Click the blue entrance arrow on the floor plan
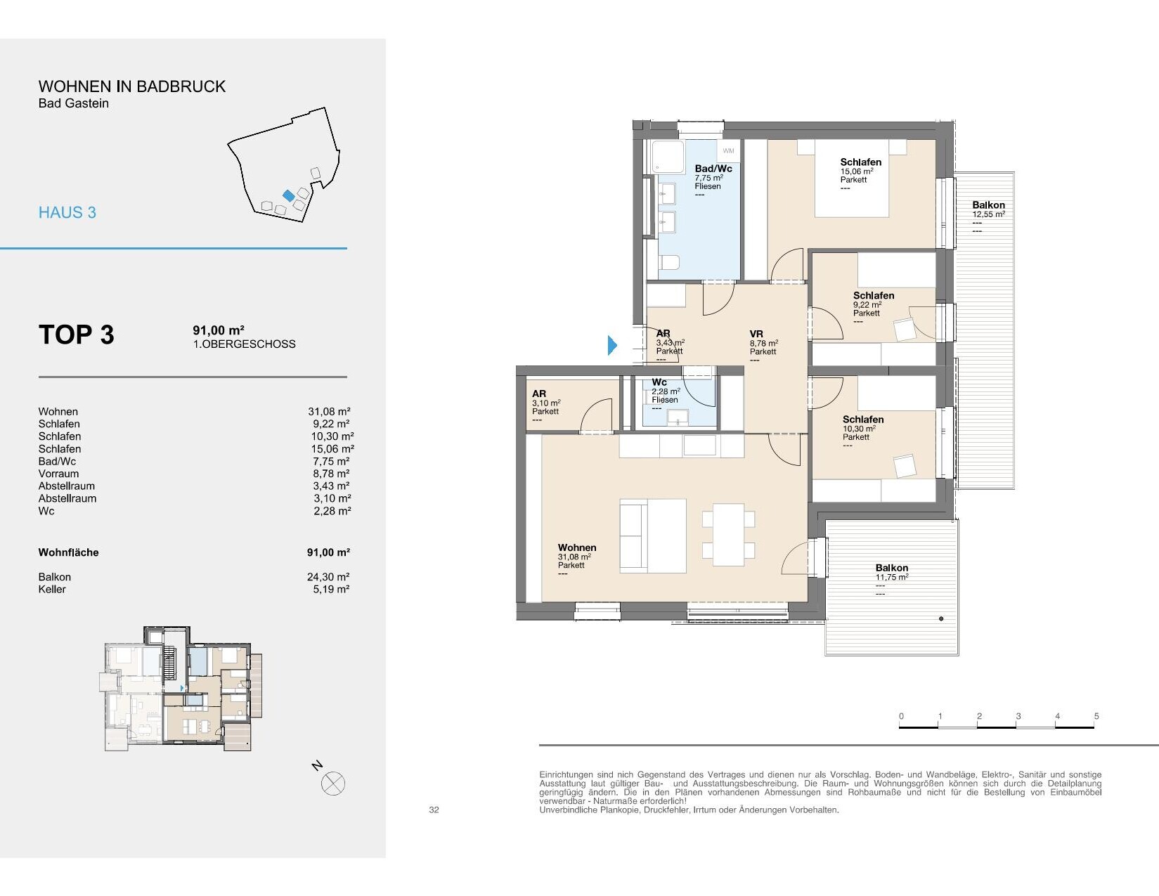[x=612, y=345]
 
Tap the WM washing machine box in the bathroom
[x=728, y=151]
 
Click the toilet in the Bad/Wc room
[x=669, y=261]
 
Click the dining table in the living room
[x=729, y=535]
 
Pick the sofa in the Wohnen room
[x=653, y=535]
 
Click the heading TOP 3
[x=77, y=335]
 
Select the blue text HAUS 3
[x=67, y=213]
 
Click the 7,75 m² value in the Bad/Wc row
[x=331, y=461]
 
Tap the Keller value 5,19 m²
[x=331, y=589]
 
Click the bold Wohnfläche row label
[x=68, y=552]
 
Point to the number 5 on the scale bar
[x=1096, y=716]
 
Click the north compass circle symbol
[x=333, y=784]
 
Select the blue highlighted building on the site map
[x=289, y=195]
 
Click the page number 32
[x=434, y=810]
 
